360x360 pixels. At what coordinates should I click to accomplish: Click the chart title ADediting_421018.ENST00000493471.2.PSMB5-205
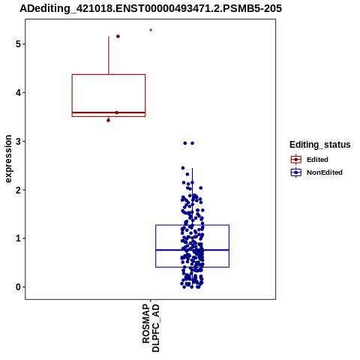click(151, 8)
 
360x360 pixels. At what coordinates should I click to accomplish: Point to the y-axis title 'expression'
click(8, 159)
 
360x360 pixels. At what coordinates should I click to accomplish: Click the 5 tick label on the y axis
click(18, 44)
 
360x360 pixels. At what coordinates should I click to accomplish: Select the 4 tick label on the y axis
click(18, 93)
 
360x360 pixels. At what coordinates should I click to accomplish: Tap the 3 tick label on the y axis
click(18, 142)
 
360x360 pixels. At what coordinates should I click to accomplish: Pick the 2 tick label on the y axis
click(18, 190)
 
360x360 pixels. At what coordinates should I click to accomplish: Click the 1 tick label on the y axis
click(18, 238)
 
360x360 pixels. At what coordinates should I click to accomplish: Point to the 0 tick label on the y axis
click(18, 287)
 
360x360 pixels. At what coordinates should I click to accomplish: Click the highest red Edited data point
click(118, 37)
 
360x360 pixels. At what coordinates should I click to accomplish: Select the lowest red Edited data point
click(108, 121)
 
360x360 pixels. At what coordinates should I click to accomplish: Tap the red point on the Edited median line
click(117, 112)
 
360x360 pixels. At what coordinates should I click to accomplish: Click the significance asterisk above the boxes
click(151, 31)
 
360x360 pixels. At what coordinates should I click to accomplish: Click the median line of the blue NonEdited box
click(192, 250)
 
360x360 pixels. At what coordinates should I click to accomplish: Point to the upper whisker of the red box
click(109, 55)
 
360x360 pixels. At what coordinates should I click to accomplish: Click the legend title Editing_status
click(320, 145)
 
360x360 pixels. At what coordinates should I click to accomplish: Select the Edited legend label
click(317, 160)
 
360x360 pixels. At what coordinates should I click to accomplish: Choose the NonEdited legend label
click(325, 172)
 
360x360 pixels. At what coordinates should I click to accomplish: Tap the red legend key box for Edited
click(296, 160)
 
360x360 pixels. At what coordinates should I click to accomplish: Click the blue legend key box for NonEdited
click(296, 172)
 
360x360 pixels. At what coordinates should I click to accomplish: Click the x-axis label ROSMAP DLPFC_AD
click(151, 328)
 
